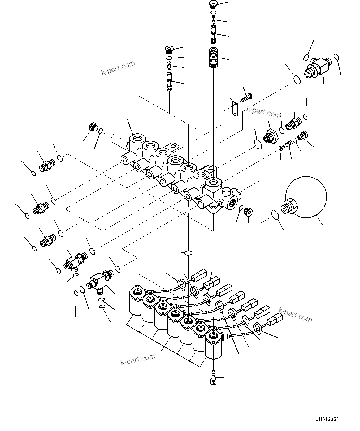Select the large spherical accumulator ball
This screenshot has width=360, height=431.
(306, 197)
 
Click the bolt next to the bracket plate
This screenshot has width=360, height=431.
(247, 97)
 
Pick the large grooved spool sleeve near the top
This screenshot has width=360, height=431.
(213, 57)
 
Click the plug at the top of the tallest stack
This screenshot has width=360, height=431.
(213, 4)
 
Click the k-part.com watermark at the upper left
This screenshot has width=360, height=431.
(118, 68)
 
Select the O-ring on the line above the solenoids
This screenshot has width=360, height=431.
(188, 253)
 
